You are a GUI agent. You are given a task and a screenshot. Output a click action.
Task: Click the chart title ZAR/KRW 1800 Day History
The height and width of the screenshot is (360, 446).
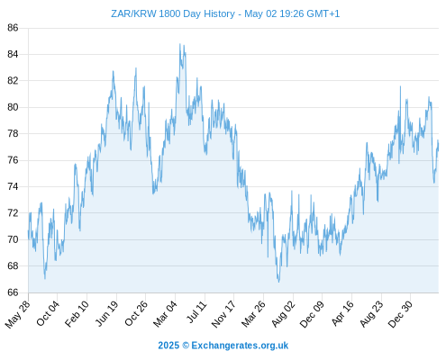tap(173, 13)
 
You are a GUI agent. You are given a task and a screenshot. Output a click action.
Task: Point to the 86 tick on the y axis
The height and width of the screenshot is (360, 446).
tap(13, 28)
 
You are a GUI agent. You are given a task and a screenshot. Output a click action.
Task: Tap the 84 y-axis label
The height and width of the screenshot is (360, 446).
tap(13, 54)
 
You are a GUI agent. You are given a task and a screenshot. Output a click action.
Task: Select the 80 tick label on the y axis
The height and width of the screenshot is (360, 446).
tap(13, 107)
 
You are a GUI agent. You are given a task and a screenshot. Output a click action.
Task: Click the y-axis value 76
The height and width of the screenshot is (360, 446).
tap(13, 160)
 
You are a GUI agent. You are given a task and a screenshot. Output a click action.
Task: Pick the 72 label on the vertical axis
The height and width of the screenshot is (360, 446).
tap(13, 213)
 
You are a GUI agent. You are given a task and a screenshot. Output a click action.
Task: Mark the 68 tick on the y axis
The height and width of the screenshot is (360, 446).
tap(13, 266)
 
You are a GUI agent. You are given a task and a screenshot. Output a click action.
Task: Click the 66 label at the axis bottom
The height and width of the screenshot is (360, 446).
tap(13, 292)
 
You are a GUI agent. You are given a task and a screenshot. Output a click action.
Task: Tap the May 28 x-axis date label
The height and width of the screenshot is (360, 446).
tap(17, 314)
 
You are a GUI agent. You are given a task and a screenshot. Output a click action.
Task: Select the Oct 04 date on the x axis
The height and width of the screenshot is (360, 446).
tap(48, 313)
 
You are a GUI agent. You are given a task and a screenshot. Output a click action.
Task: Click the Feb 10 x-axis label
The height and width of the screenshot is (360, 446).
tap(77, 313)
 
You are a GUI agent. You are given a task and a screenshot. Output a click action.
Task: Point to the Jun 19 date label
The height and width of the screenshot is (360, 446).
tap(106, 313)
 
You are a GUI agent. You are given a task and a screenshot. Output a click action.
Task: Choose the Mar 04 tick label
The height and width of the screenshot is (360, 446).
tap(165, 314)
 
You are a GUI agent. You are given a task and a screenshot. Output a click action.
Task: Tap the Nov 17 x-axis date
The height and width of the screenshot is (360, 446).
tap(223, 314)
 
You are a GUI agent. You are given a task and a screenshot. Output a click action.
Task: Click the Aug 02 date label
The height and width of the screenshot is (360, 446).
tap(283, 314)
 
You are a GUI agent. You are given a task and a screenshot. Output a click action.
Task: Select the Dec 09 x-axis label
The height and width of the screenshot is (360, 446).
tap(312, 314)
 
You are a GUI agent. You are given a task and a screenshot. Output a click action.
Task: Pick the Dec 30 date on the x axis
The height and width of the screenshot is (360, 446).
tap(400, 314)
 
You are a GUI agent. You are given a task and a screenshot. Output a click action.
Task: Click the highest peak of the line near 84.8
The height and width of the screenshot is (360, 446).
tap(180, 44)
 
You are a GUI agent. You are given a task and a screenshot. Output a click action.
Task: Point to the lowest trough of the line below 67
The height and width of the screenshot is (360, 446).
tap(278, 282)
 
